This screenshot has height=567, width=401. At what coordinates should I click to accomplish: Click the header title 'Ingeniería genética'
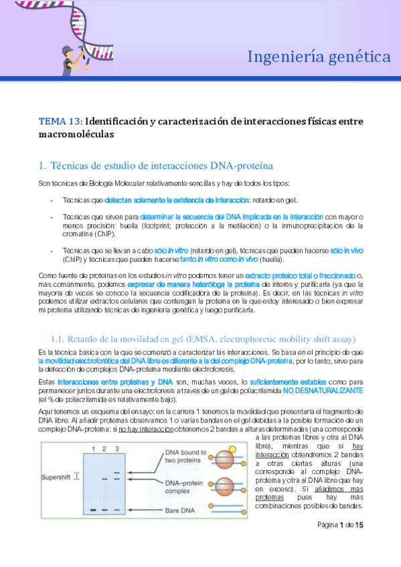[319, 56]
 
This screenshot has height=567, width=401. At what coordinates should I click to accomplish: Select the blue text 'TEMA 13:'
[61, 121]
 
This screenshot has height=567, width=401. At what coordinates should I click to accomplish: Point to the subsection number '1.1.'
[59, 339]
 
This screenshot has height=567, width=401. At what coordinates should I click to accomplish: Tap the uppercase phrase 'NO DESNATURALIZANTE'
[323, 390]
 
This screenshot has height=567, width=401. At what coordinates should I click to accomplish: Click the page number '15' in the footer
[359, 526]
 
